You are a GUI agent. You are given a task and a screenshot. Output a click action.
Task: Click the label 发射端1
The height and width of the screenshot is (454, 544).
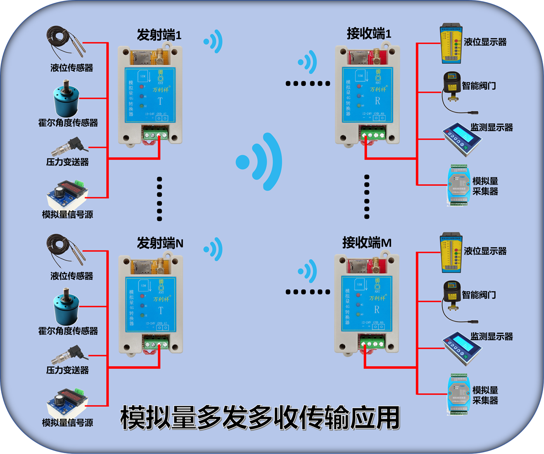pos(159,35)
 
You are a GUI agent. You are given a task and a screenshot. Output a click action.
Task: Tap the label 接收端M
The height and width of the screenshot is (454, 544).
pos(367,243)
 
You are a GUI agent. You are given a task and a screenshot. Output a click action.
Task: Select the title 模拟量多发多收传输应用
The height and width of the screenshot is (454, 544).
pos(260,418)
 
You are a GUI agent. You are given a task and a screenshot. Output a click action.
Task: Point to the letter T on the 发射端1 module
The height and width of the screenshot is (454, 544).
pos(160,101)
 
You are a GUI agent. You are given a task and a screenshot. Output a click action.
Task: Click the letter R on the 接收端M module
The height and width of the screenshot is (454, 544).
pos(377,310)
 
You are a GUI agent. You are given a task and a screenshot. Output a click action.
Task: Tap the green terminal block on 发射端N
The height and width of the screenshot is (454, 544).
pos(155,344)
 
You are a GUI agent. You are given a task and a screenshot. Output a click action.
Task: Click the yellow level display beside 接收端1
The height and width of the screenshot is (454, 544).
pos(451,44)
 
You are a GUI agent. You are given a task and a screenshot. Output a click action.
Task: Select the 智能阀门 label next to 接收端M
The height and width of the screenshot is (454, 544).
pos(479,295)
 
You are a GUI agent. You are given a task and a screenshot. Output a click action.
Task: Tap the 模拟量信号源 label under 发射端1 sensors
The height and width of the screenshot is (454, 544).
pos(67,214)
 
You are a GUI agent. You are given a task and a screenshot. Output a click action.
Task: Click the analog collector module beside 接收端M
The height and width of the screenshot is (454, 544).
pos(459,394)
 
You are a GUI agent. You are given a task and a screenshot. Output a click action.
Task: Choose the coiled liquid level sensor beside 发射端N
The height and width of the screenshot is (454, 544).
pos(64,250)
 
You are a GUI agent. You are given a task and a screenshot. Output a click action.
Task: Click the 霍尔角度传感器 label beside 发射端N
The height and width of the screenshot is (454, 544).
pos(68,331)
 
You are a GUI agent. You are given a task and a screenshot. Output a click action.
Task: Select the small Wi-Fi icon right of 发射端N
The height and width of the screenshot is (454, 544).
pos(213,249)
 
